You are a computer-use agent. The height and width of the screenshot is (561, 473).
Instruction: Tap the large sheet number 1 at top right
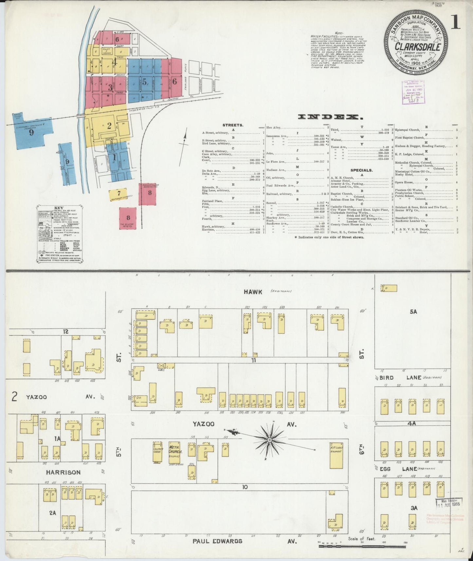pos(456,22)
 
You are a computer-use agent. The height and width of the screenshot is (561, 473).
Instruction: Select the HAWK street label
pos(253,292)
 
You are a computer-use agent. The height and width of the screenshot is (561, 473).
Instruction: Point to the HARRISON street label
pos(63,472)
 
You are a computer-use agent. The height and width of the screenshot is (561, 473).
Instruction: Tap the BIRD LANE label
pos(396,378)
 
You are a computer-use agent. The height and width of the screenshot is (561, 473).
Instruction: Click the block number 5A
pos(413,312)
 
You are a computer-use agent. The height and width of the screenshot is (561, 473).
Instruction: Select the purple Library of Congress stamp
pos(413,92)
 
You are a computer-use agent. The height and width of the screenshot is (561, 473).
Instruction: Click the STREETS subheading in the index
pos(233,125)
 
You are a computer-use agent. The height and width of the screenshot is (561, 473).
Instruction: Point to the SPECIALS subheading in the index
pos(361,170)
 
